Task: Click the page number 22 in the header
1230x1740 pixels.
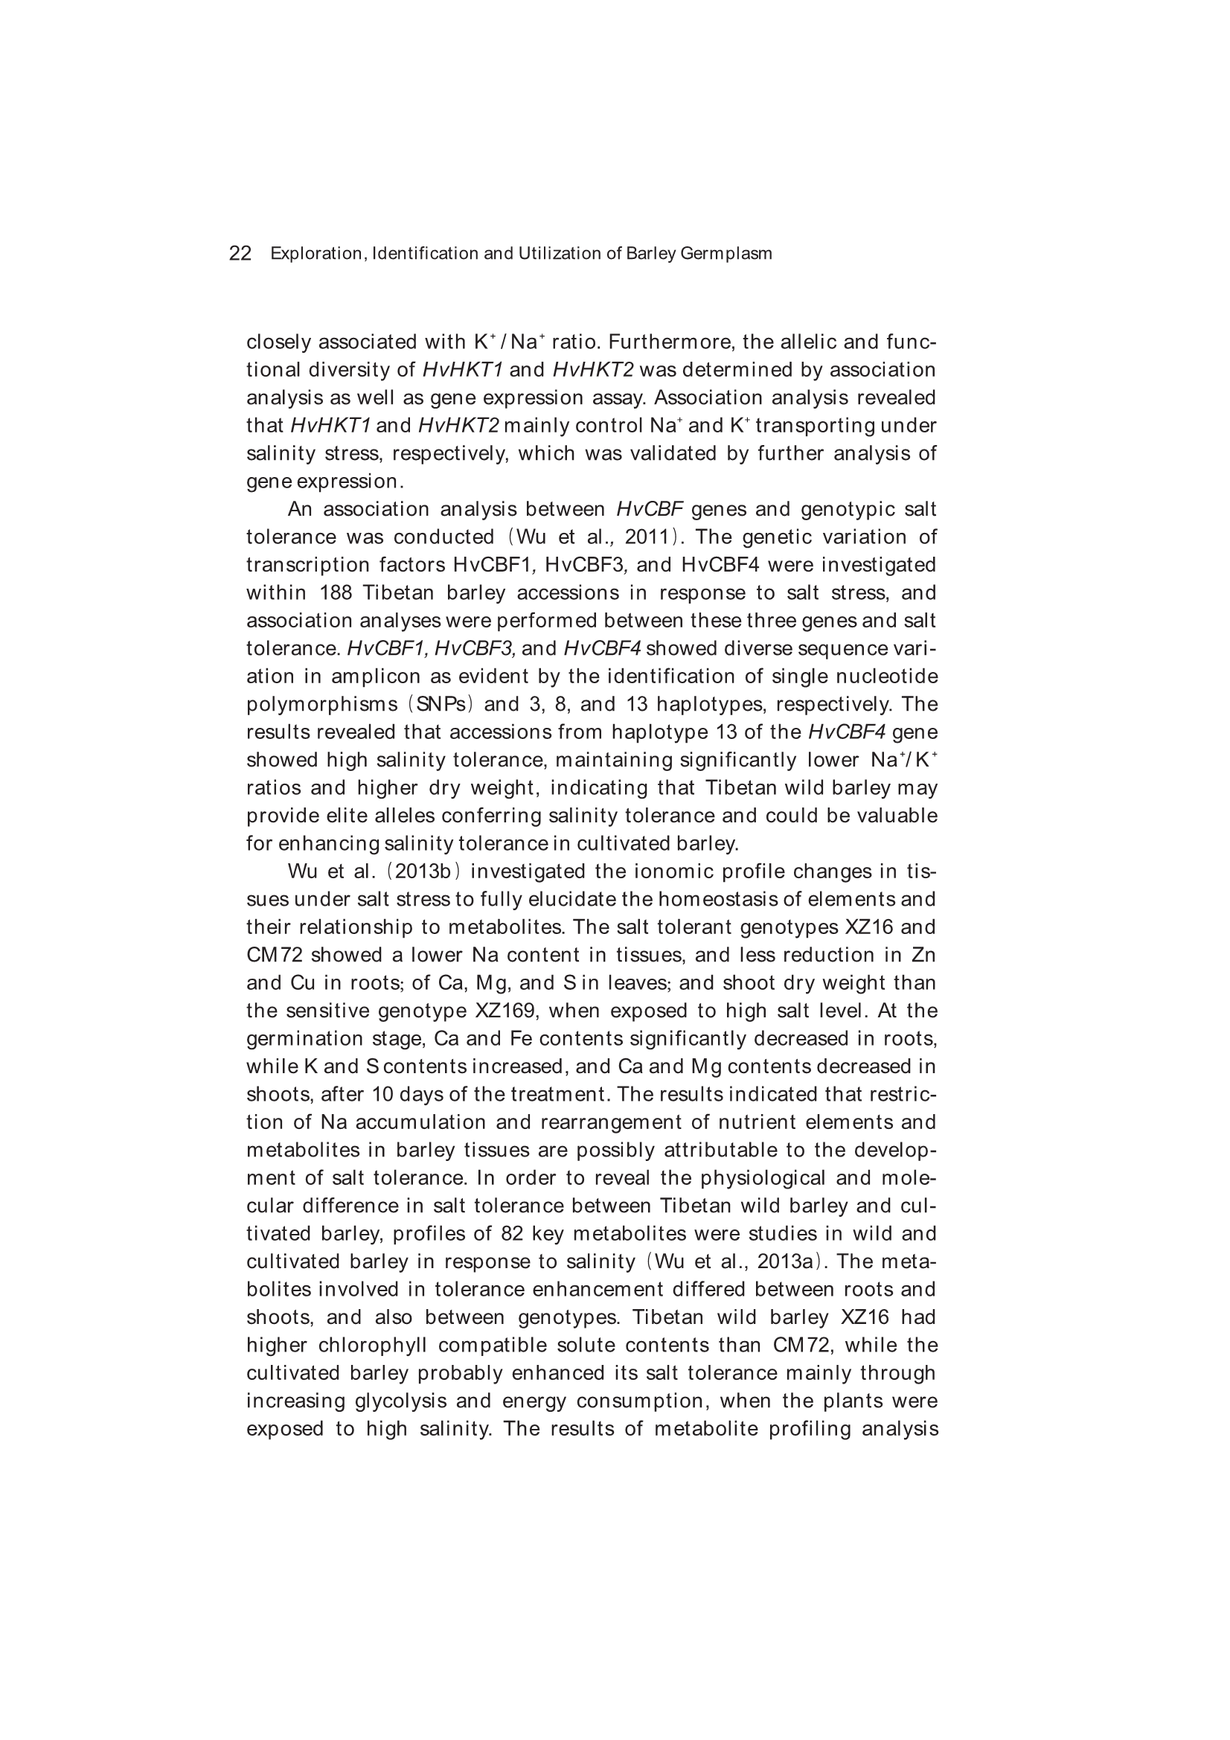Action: (x=240, y=254)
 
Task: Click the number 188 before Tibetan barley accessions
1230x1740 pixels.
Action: (x=336, y=593)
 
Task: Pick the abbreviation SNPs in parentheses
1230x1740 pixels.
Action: (x=441, y=705)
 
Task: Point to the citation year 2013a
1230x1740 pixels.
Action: (x=787, y=1261)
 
